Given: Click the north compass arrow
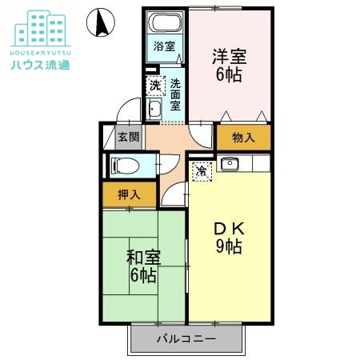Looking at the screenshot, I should tap(101, 22).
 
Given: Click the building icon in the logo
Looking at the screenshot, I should tap(40, 29).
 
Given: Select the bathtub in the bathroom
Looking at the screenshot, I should tap(166, 24).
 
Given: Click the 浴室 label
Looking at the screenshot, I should tap(164, 46).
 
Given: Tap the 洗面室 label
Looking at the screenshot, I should tap(174, 94).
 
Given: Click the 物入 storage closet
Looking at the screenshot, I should tap(243, 138).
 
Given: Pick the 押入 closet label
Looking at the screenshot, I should tap(129, 194).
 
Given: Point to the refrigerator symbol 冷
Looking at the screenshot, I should tap(202, 170).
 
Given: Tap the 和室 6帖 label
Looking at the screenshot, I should tap(144, 266).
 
